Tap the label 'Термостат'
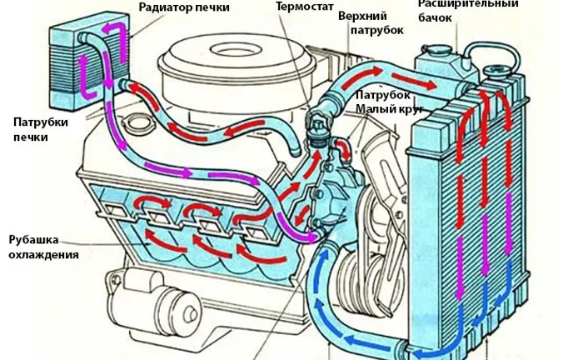[x=296, y=6]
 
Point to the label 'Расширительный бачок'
[x=467, y=10]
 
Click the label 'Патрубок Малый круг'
[x=388, y=102]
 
